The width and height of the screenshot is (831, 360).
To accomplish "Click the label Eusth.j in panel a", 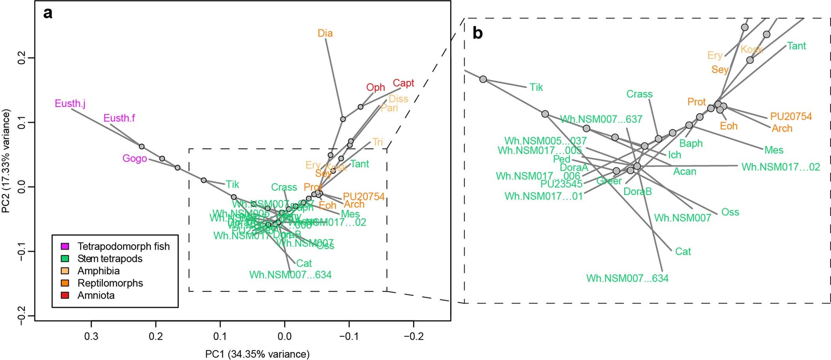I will pos(70,104).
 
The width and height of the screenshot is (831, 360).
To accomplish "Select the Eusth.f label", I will pos(119,118).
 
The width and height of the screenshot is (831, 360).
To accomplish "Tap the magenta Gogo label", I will pos(135,159).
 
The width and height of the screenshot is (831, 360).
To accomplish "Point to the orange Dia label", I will pos(325,34).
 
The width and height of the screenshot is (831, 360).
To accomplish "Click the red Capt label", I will pos(403,83).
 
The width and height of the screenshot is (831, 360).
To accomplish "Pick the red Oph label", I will pos(375,88).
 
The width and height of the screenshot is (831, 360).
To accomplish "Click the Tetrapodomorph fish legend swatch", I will pos(65,247).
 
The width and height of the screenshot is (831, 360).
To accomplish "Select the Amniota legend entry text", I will pos(96,296).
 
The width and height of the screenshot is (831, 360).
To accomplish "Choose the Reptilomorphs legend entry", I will pos(110,283).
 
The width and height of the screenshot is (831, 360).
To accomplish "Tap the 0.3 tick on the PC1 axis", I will pos(92,336).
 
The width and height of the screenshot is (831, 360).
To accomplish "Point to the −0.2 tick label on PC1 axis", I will pos(413,336).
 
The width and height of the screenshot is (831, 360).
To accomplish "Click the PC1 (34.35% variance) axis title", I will pos(257,354).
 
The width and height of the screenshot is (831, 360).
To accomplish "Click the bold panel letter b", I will pos(477,34).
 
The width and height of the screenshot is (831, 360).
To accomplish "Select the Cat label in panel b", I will pos(683,252).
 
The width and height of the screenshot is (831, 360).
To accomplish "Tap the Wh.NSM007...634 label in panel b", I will pos(627,279).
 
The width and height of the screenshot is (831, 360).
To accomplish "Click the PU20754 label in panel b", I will pos(791,117).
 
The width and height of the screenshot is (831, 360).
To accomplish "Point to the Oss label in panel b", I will pos(730,212).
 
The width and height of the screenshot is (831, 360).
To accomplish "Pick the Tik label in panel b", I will pos(536,88).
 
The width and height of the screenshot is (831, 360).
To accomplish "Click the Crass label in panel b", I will pos(639,94).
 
